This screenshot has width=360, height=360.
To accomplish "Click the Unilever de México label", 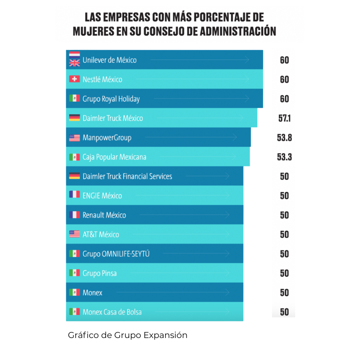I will pyautogui.click(x=109, y=60).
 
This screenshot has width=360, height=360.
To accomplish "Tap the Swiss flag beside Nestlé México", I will pyautogui.click(x=74, y=79).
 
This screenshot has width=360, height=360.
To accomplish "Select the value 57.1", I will pyautogui.click(x=284, y=118).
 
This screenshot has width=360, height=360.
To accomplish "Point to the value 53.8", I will pyautogui.click(x=284, y=138).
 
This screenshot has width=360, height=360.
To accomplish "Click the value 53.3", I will pyautogui.click(x=284, y=157).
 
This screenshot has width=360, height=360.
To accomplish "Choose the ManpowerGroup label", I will pyautogui.click(x=107, y=138).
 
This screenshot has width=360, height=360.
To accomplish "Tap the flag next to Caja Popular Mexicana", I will pyautogui.click(x=74, y=157).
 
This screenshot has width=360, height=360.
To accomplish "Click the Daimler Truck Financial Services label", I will pyautogui.click(x=127, y=176).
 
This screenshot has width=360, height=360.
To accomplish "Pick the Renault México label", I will pyautogui.click(x=104, y=215).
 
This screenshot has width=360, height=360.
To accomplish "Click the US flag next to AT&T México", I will pyautogui.click(x=74, y=234).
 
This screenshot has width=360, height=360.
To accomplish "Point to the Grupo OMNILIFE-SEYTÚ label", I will pyautogui.click(x=116, y=254).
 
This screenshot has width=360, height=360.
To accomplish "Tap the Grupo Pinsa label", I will pyautogui.click(x=100, y=274).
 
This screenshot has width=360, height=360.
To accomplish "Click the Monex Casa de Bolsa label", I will pyautogui.click(x=112, y=312).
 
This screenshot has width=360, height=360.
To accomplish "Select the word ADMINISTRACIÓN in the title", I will pyautogui.click(x=237, y=31).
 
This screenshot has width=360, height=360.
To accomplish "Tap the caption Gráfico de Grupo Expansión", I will pyautogui.click(x=128, y=335).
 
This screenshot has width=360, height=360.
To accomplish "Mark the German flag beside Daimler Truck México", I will pyautogui.click(x=74, y=118).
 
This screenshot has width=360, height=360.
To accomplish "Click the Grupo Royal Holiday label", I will pyautogui.click(x=111, y=99).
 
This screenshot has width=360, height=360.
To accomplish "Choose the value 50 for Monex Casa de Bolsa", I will pyautogui.click(x=284, y=312).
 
